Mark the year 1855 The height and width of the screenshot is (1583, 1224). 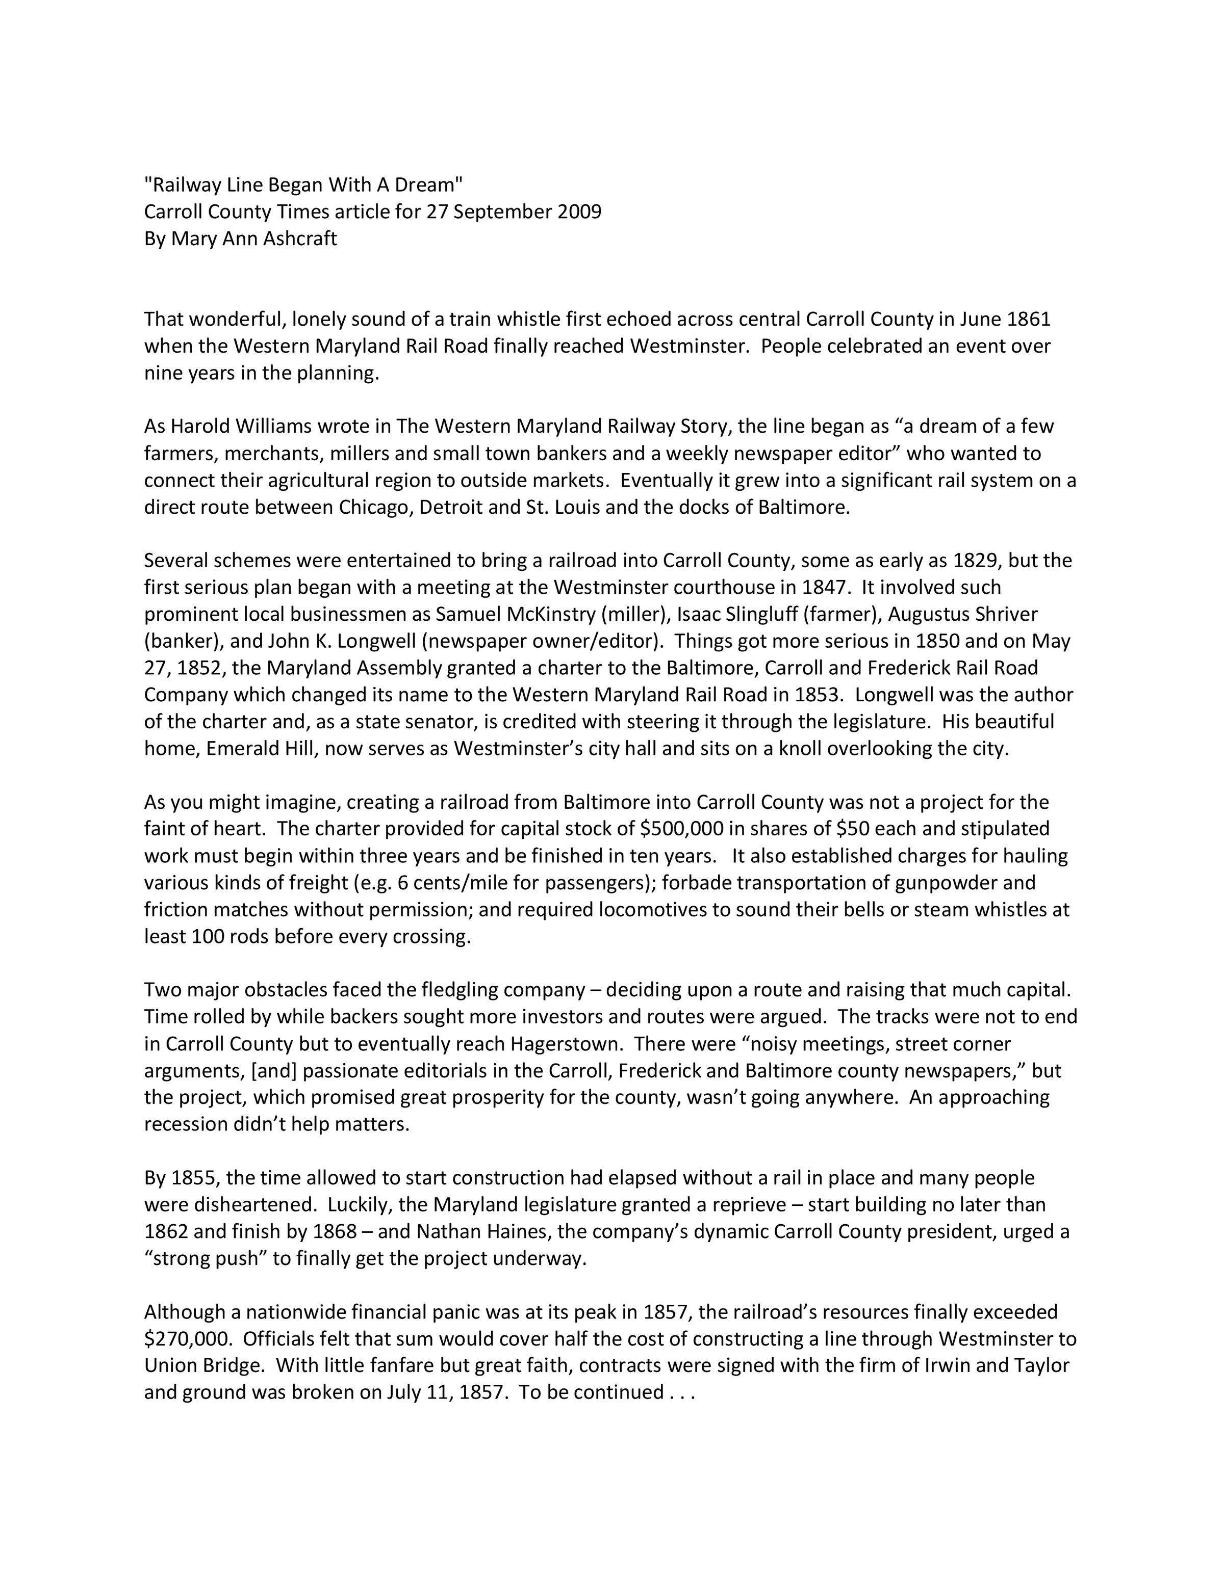point(193,1178)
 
